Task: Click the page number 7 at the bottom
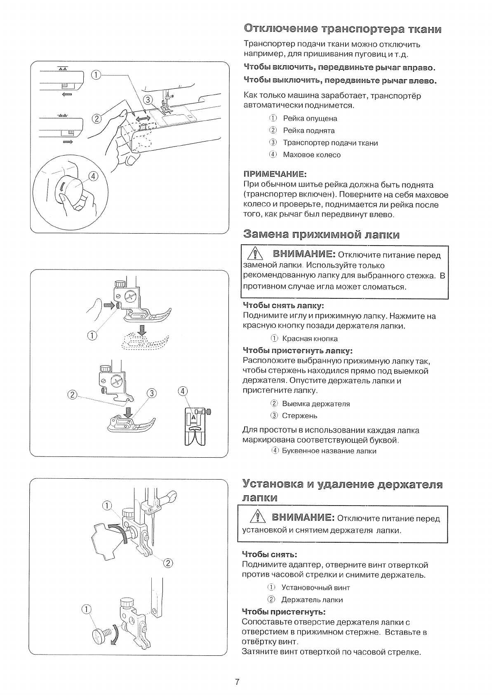(237, 681)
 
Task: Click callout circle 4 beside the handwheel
(94, 176)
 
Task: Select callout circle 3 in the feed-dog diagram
(148, 99)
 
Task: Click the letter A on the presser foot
(193, 418)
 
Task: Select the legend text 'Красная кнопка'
(310, 338)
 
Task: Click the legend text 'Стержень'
(299, 416)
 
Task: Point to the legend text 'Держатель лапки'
(312, 600)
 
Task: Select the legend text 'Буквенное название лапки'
(329, 451)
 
